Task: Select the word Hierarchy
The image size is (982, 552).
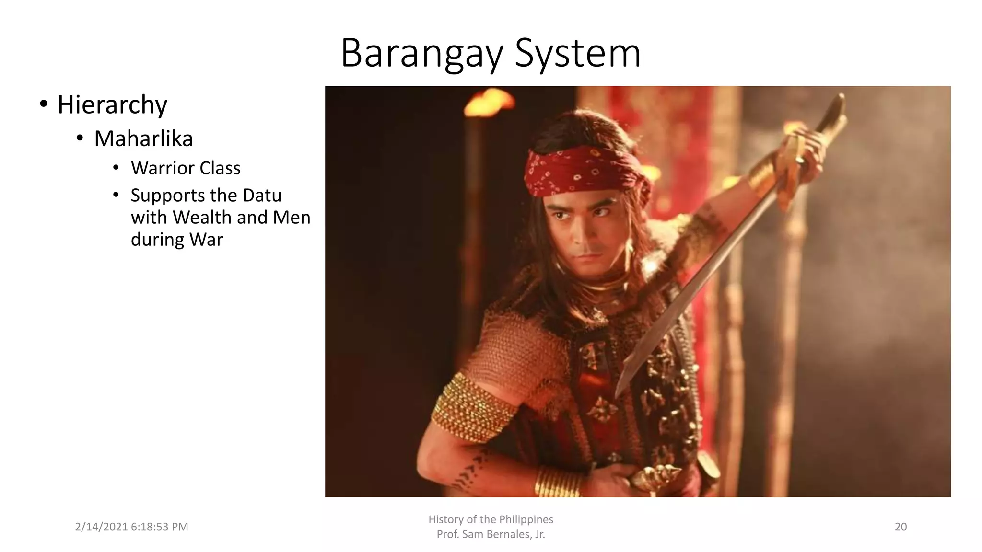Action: point(112,104)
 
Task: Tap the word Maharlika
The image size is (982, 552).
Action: point(143,138)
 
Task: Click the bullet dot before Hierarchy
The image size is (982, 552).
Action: point(44,104)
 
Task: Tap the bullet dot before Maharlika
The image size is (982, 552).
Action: point(80,138)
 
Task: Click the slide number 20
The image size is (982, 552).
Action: point(900,527)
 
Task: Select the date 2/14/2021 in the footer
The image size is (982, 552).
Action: point(101,527)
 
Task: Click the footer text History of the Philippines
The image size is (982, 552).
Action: point(491,519)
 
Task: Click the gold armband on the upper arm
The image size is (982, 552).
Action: point(472,407)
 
